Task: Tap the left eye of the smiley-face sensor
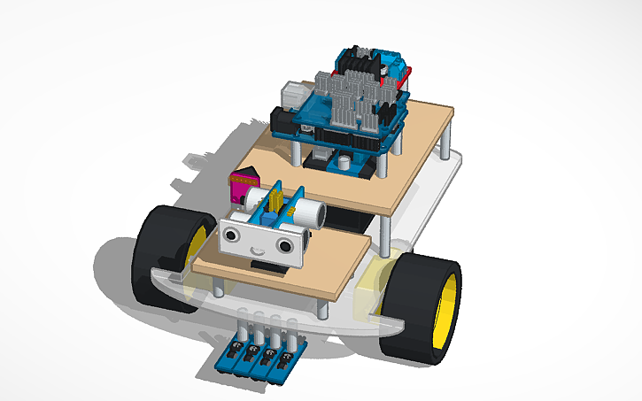(x=232, y=236)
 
